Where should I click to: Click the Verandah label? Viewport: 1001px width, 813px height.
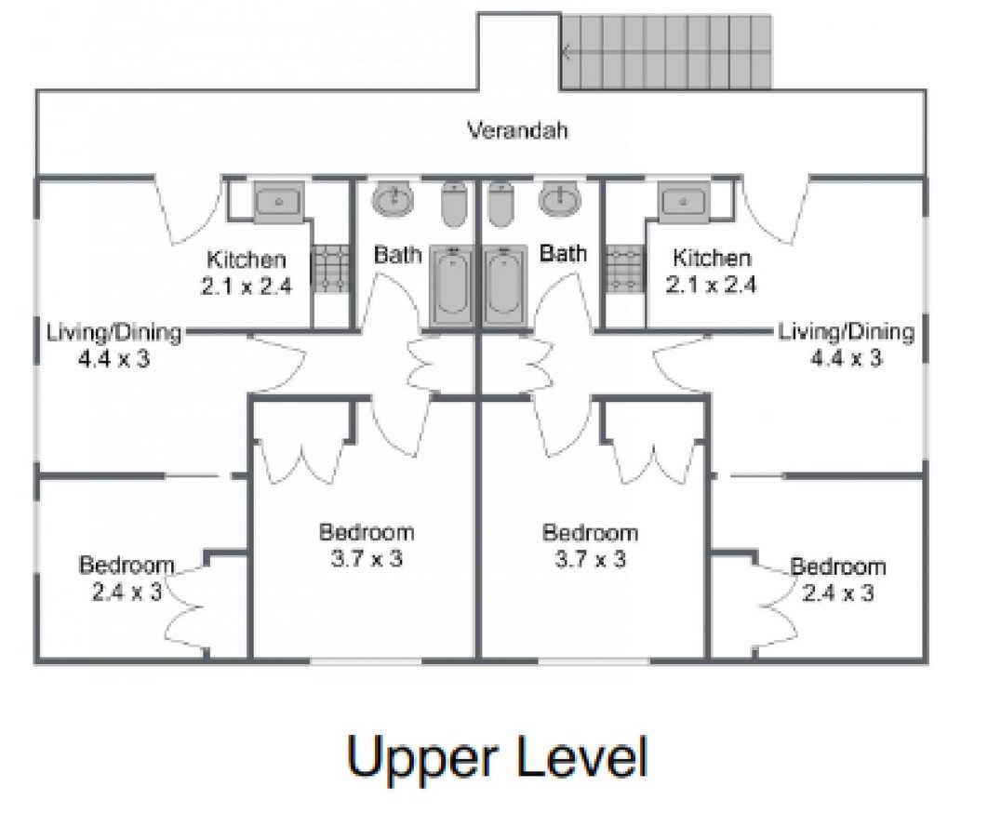(x=517, y=130)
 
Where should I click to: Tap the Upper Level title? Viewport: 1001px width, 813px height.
(x=498, y=757)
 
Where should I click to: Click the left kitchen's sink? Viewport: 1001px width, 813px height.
(x=279, y=202)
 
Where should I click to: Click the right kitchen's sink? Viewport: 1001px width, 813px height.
(x=683, y=202)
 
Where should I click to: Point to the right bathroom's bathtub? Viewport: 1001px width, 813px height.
(x=504, y=286)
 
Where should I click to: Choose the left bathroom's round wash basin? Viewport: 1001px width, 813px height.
(x=394, y=199)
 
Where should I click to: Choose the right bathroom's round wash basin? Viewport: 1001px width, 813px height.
(x=560, y=199)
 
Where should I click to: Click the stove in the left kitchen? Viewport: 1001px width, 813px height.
(x=330, y=269)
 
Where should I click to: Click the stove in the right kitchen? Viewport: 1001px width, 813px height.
(x=623, y=269)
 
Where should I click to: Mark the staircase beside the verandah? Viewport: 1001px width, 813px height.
(x=666, y=52)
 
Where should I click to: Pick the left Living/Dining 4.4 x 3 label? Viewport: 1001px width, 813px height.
(x=113, y=345)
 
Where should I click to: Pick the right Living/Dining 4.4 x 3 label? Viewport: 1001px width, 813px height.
(x=846, y=344)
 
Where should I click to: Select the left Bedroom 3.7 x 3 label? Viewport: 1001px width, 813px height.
(x=367, y=545)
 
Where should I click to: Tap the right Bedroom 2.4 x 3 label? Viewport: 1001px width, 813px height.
(x=837, y=580)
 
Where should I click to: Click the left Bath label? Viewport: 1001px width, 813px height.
(x=398, y=255)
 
